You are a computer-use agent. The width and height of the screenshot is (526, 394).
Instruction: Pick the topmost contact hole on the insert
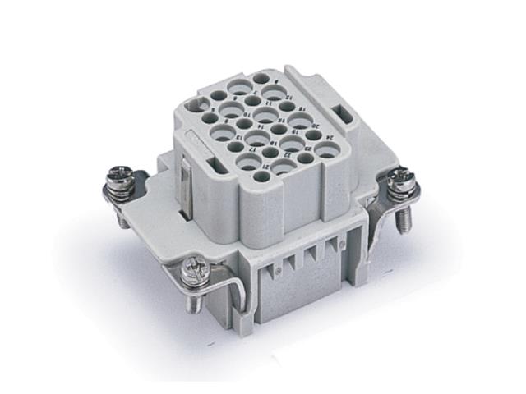point(261,79)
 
